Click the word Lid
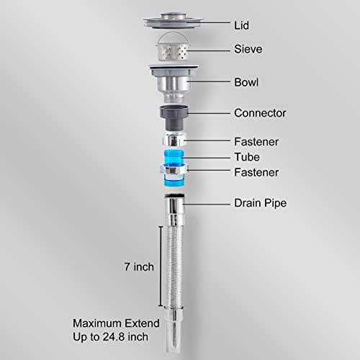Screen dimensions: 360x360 (241, 25)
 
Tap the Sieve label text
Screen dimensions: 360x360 (248, 49)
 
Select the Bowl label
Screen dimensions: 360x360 (246, 82)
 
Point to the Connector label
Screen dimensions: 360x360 (260, 113)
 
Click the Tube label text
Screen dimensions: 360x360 (247, 157)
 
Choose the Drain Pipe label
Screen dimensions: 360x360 (261, 203)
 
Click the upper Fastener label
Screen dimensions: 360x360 (256, 142)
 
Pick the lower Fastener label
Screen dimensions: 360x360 (256, 173)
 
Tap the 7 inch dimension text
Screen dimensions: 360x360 (139, 267)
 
